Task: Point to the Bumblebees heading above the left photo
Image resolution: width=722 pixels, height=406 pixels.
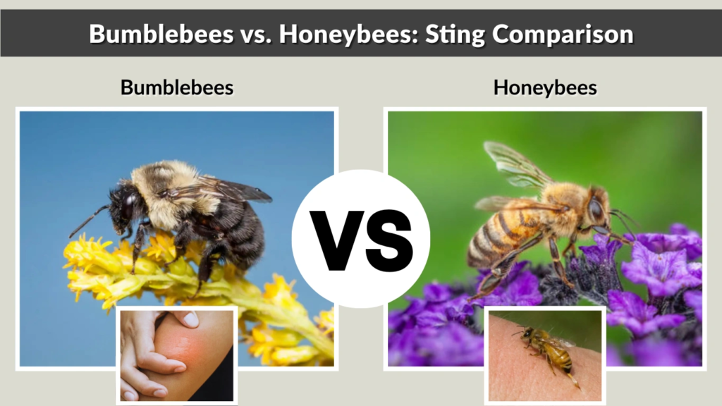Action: [x=177, y=87]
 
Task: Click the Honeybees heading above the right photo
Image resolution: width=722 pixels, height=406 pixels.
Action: [x=545, y=87]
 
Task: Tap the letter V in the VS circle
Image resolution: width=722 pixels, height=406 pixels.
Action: [x=336, y=240]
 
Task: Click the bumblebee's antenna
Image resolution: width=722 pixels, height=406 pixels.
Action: [x=88, y=222]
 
